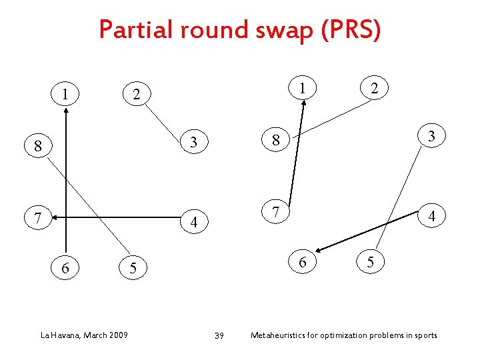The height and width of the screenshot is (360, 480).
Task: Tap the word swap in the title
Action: pyautogui.click(x=278, y=31)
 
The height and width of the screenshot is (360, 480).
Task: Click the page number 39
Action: pyautogui.click(x=219, y=335)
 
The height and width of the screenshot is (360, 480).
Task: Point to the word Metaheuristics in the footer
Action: pyautogui.click(x=281, y=335)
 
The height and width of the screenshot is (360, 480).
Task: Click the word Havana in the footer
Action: pyautogui.click(x=65, y=334)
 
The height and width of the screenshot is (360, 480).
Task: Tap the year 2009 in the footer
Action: pyautogui.click(x=117, y=334)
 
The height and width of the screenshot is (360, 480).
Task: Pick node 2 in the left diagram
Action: pyautogui.click(x=136, y=95)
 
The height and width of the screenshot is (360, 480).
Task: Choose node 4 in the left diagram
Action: pyautogui.click(x=193, y=221)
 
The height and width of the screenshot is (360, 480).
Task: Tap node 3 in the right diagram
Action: pyautogui.click(x=431, y=137)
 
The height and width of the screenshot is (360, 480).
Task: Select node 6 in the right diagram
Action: pyautogui.click(x=303, y=262)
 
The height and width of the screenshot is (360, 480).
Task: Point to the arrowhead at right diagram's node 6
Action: pyautogui.click(x=319, y=251)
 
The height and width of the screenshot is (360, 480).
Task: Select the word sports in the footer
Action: pyautogui.click(x=424, y=335)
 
